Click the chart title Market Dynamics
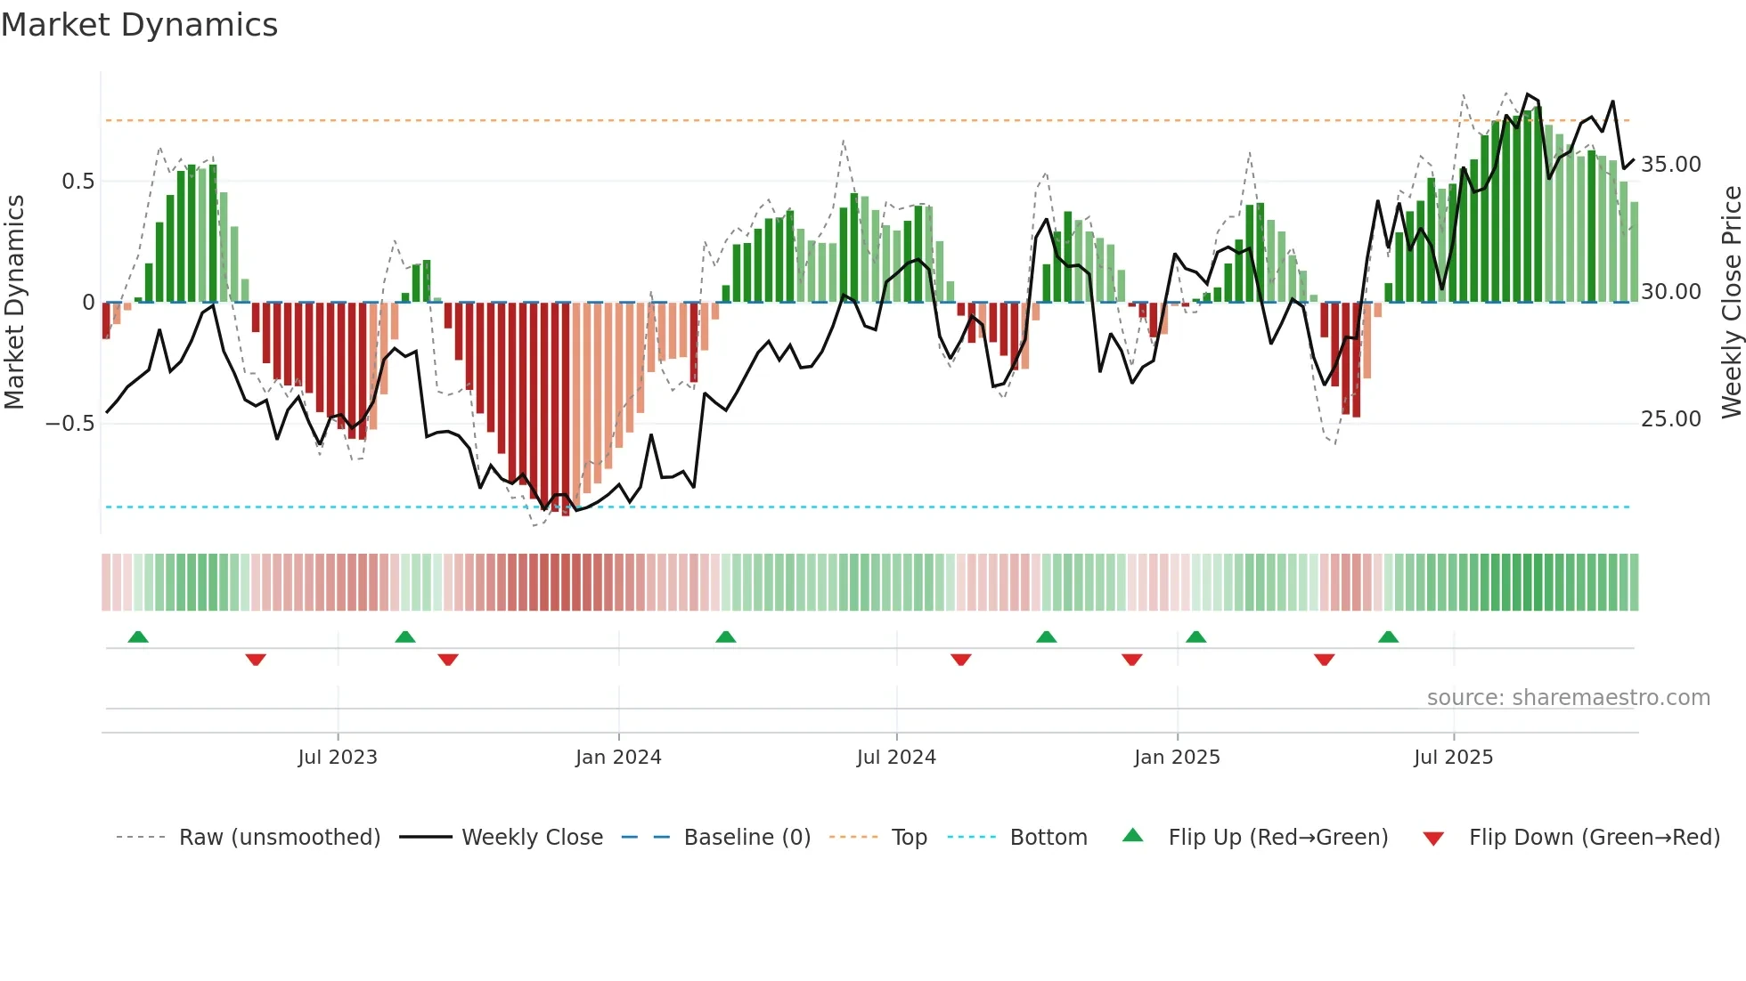pos(140,25)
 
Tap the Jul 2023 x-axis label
pos(338,758)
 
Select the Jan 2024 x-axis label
pos(618,758)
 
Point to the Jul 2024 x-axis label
pos(896,758)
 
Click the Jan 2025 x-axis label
pos(1177,758)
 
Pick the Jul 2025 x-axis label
pos(1453,758)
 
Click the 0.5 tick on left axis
pos(78,182)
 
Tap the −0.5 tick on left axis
pos(70,423)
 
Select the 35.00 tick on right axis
pos(1671,165)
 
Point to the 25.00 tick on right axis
pos(1671,419)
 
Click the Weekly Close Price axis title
pos(1731,303)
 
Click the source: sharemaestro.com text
pos(1568,698)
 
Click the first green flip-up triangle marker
pos(138,637)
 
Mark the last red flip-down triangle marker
pos(1324,660)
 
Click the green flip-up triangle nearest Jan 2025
pos(1196,637)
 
